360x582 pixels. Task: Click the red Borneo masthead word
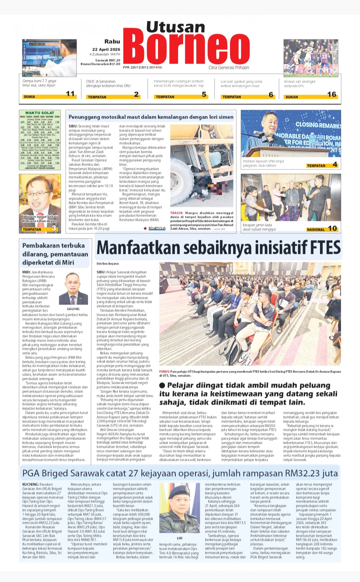pyautogui.click(x=186, y=49)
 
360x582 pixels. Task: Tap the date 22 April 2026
pyautogui.click(x=106, y=49)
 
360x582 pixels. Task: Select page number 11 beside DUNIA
pyautogui.click(x=70, y=94)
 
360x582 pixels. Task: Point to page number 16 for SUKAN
pyautogui.click(x=331, y=95)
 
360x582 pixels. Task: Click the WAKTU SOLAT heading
pyautogui.click(x=40, y=113)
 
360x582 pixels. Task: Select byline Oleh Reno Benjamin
pyautogui.click(x=107, y=264)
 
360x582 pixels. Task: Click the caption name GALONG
pyautogui.click(x=73, y=309)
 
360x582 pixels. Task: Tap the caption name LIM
pyautogui.click(x=180, y=538)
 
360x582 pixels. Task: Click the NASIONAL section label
pyautogui.click(x=315, y=230)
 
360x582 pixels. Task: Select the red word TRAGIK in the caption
pyautogui.click(x=177, y=213)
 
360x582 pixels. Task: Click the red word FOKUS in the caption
pyautogui.click(x=164, y=371)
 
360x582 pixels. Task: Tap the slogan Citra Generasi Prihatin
pyautogui.click(x=229, y=68)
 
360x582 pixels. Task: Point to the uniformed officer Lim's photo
pyautogui.click(x=180, y=509)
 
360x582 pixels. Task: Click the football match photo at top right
pyautogui.click(x=310, y=58)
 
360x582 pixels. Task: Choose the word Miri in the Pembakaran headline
pyautogui.click(x=68, y=263)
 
